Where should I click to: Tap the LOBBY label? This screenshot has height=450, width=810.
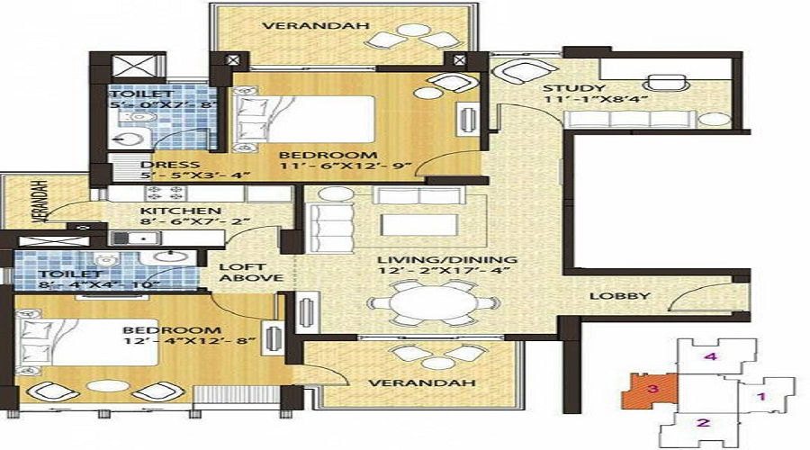tap(615, 298)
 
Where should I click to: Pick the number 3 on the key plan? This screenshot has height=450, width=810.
tap(653, 389)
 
